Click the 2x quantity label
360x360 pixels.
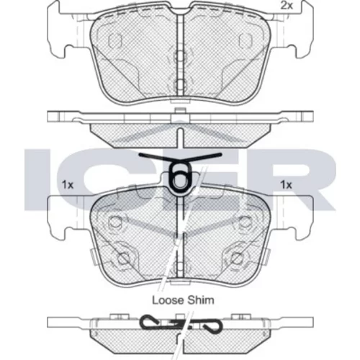coord(287,6)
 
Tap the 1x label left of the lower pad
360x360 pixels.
coord(68,185)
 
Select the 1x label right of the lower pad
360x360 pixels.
coord(286,185)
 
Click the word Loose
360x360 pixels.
coord(168,300)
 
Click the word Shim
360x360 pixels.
coord(201,300)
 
